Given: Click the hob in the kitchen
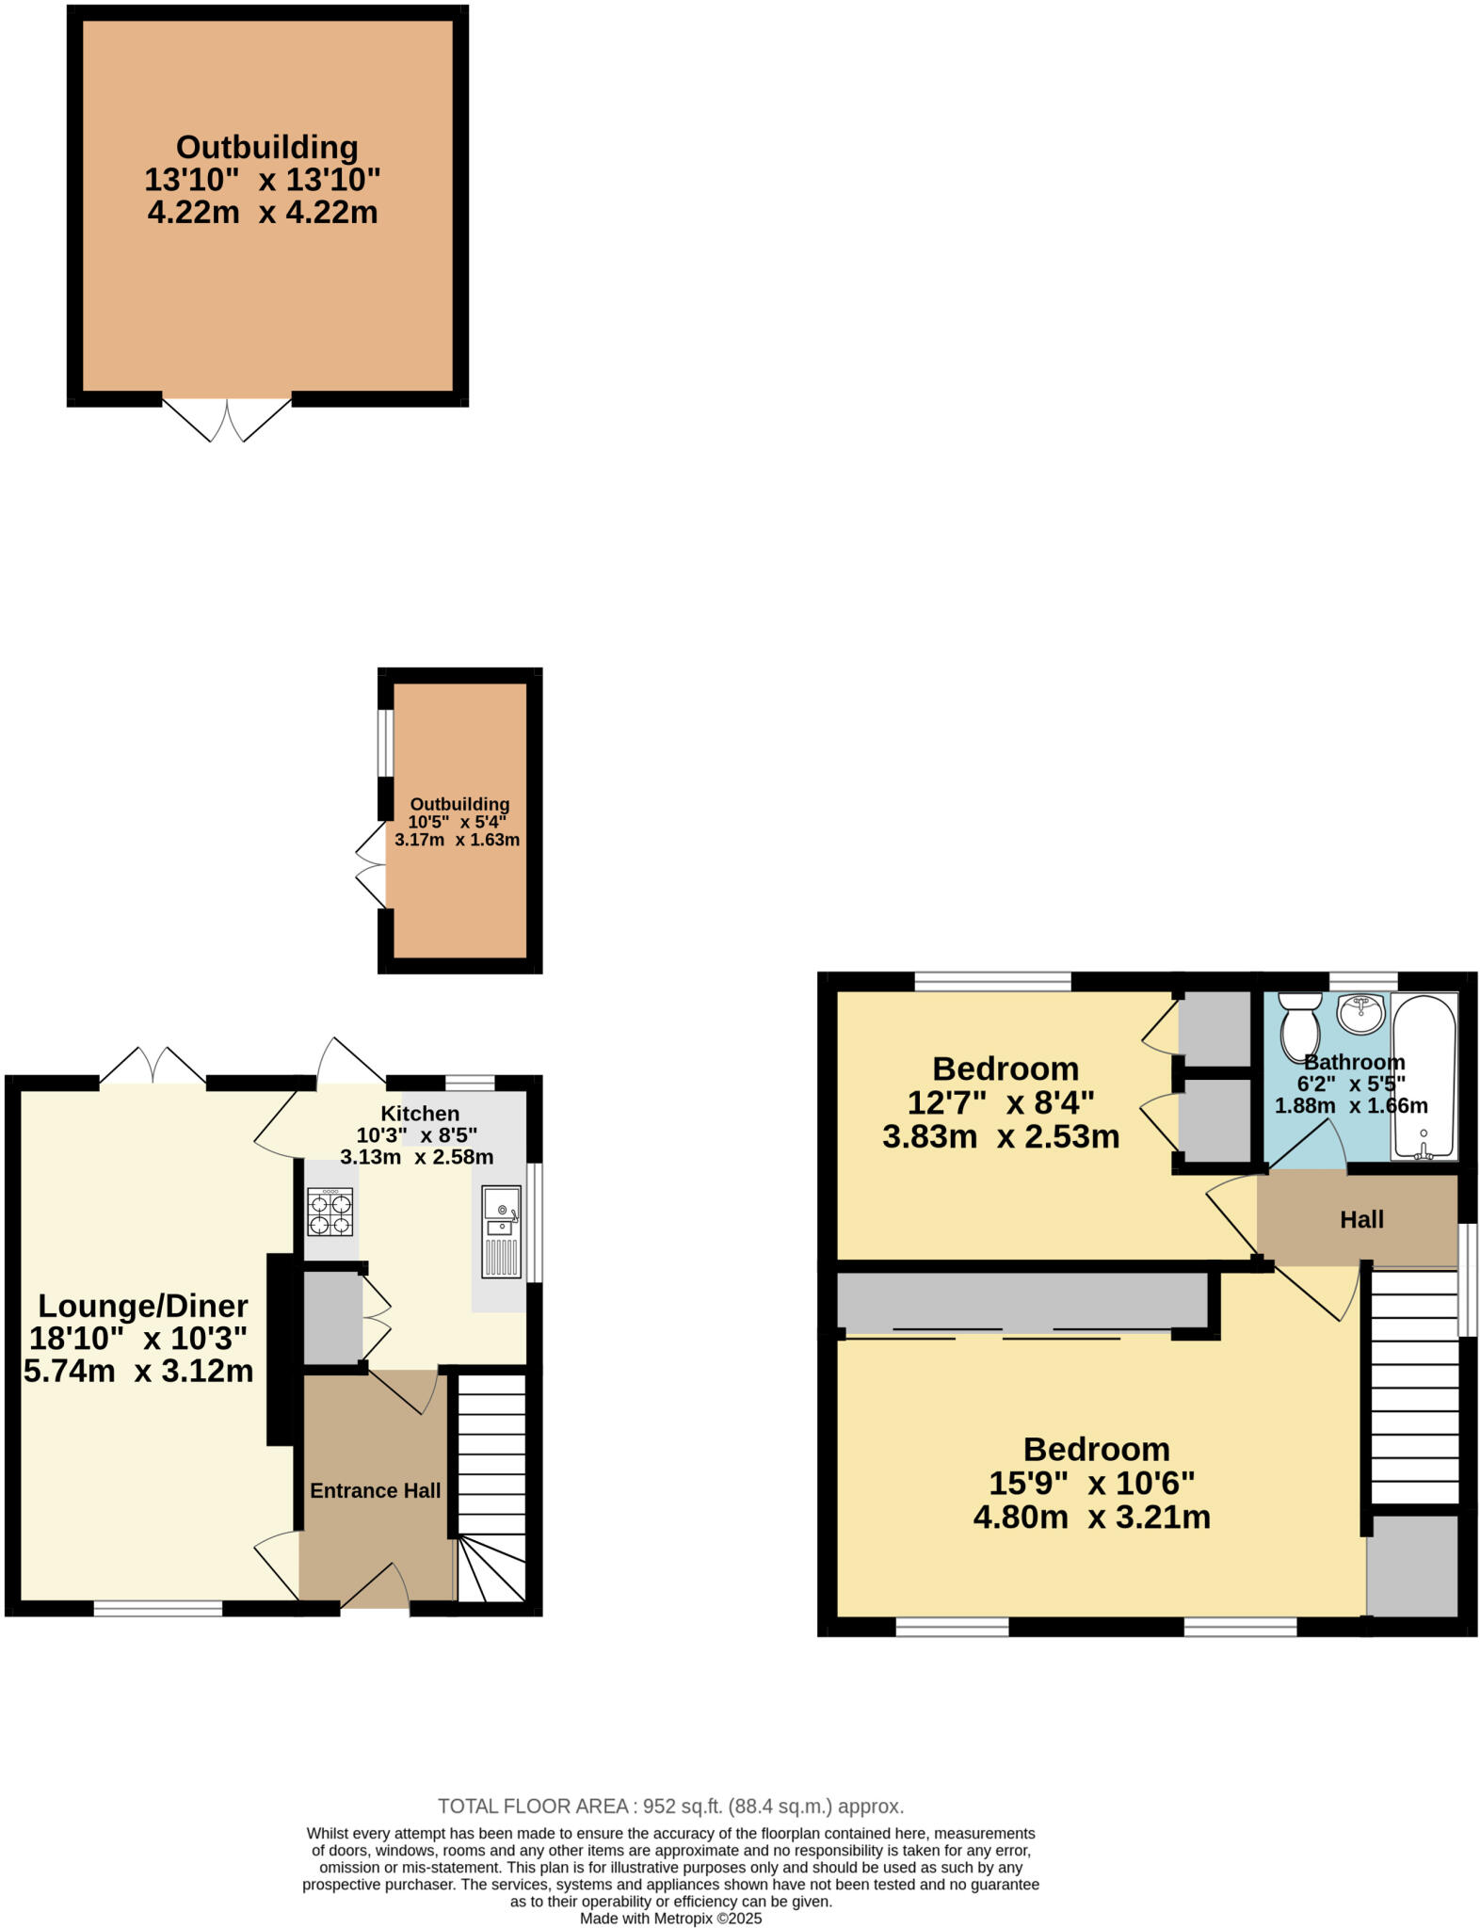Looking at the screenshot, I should pyautogui.click(x=330, y=1212).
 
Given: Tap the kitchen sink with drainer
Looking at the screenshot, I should pyautogui.click(x=501, y=1230).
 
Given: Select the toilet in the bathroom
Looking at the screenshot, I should pyautogui.click(x=1300, y=1025).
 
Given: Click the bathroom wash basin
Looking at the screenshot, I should pyautogui.click(x=1361, y=1013).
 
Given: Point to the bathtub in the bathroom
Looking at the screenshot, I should pyautogui.click(x=1424, y=1076).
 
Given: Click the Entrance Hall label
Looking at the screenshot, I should pyautogui.click(x=375, y=1490).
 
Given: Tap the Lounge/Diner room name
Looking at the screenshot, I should pyautogui.click(x=142, y=1306).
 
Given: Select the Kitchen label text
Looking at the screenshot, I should pyautogui.click(x=420, y=1113).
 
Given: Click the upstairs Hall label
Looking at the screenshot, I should pyautogui.click(x=1361, y=1220).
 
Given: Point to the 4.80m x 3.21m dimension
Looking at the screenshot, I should pyautogui.click(x=1091, y=1518).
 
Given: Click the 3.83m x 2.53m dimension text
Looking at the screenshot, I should pyautogui.click(x=1001, y=1136).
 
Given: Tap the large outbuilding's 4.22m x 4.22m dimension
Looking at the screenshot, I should pyautogui.click(x=263, y=212).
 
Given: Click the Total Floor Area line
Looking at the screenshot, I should pyautogui.click(x=670, y=1806).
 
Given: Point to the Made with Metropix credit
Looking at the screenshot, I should pyautogui.click(x=670, y=1918).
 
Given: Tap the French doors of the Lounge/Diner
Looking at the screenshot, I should pyautogui.click(x=153, y=1067).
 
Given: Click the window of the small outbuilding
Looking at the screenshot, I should pyautogui.click(x=385, y=742).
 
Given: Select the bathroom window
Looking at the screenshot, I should pyautogui.click(x=1362, y=980).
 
